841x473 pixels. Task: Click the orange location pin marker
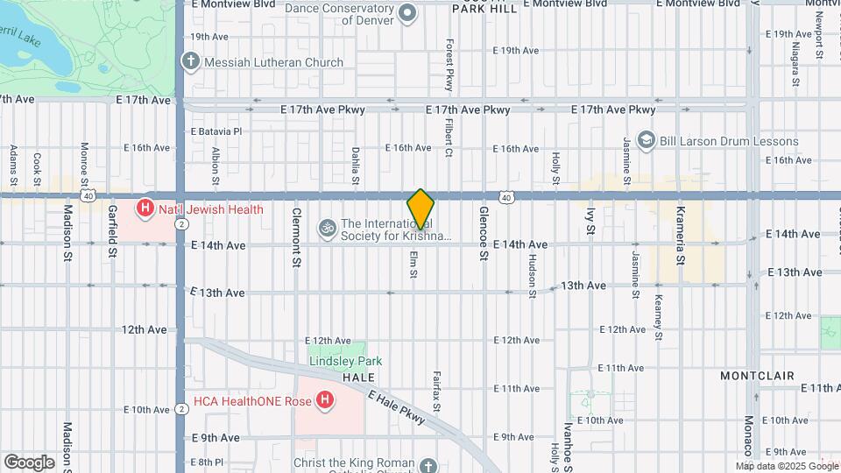tap(420, 208)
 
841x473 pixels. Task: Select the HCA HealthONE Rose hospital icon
tap(325, 401)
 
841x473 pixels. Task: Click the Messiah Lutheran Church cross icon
tap(191, 62)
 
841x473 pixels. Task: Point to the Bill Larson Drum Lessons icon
tap(647, 140)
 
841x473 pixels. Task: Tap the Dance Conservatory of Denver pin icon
tap(406, 12)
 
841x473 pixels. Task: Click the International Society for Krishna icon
tap(328, 228)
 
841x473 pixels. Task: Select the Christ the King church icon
tap(428, 464)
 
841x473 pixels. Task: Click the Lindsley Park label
tap(345, 361)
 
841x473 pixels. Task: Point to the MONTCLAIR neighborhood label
tap(757, 375)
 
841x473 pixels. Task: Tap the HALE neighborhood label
tap(358, 376)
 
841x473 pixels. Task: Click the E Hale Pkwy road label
tap(397, 409)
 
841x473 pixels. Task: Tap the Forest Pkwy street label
tap(449, 65)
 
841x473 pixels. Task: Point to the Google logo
tap(29, 462)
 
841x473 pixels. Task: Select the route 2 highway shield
tap(180, 224)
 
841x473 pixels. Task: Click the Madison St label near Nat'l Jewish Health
tap(67, 234)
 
